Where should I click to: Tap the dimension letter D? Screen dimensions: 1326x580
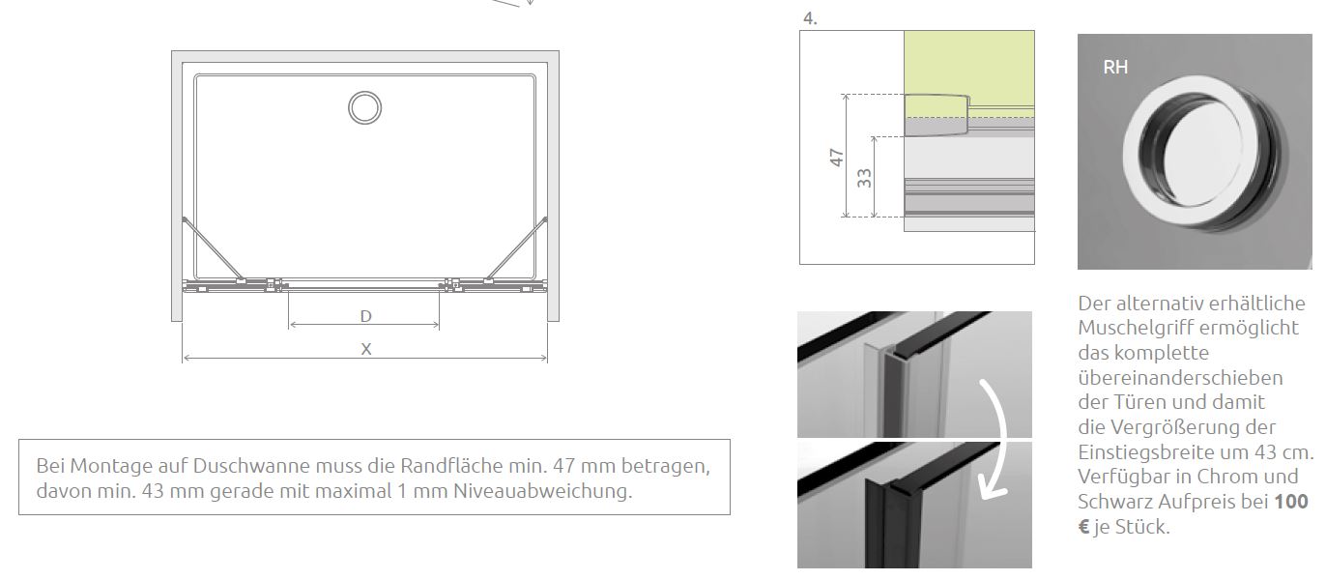pyautogui.click(x=366, y=316)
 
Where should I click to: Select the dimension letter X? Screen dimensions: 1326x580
pyautogui.click(x=366, y=349)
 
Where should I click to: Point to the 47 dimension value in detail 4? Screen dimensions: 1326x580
pyautogui.click(x=836, y=158)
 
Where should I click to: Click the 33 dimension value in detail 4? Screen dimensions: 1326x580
pyautogui.click(x=864, y=178)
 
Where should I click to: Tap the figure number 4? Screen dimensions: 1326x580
pyautogui.click(x=810, y=18)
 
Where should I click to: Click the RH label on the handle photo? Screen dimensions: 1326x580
pyautogui.click(x=1115, y=67)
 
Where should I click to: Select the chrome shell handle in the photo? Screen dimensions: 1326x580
pyautogui.click(x=1201, y=153)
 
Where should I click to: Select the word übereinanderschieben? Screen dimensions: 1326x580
pyautogui.click(x=1180, y=378)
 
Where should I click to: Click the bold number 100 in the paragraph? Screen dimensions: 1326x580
pyautogui.click(x=1291, y=502)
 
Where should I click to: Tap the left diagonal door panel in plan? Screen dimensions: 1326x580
pyautogui.click(x=212, y=248)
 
